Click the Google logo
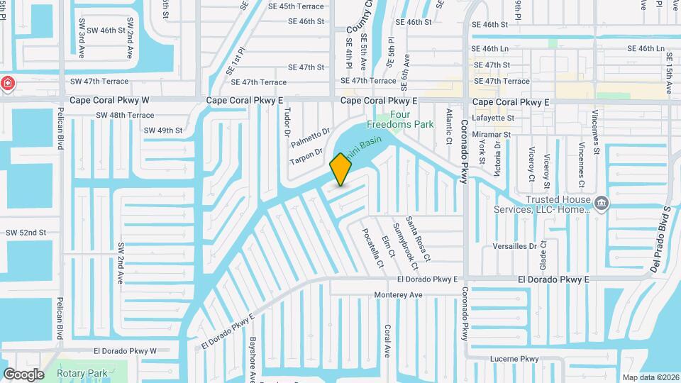pyautogui.click(x=23, y=374)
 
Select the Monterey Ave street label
pyautogui.click(x=398, y=294)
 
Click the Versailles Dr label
pyautogui.click(x=515, y=246)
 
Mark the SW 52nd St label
pyautogui.click(x=26, y=233)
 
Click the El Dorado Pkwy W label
pyautogui.click(x=125, y=351)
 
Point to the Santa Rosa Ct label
pyautogui.click(x=413, y=238)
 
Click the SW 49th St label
pyautogui.click(x=163, y=131)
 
